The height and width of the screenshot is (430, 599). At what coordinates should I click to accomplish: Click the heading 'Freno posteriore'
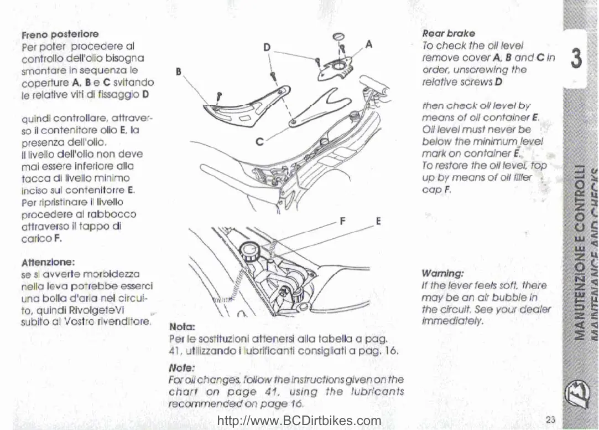point(60,34)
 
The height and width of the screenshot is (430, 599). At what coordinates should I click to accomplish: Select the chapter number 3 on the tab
point(576,58)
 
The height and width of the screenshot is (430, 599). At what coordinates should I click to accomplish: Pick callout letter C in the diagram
point(259,141)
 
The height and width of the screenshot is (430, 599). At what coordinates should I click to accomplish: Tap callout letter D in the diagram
point(267,48)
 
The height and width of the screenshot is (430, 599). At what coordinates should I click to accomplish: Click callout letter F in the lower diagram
point(343,221)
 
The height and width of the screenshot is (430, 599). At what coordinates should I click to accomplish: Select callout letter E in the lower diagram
point(379,221)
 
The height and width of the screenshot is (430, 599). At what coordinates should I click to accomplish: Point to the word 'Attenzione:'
point(48,262)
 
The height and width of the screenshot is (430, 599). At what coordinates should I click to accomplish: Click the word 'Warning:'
point(442,274)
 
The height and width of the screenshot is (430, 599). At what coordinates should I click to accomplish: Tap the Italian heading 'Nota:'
point(180,327)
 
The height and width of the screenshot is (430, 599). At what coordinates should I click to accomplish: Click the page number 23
point(550,419)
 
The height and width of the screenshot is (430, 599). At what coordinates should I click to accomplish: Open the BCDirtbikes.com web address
point(300,421)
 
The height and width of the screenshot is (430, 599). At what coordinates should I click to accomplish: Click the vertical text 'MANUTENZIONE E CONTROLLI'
point(580,252)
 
